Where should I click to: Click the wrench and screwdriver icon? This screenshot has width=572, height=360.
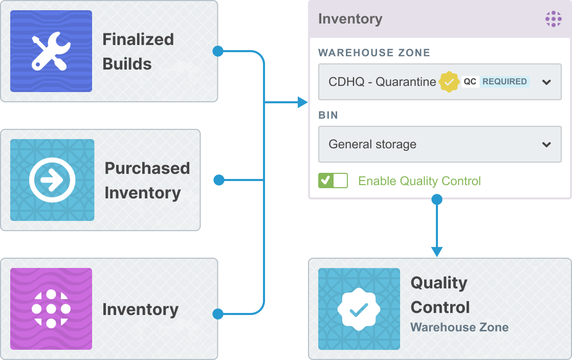pos(51,51)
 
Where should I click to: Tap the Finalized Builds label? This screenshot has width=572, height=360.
pos(138,52)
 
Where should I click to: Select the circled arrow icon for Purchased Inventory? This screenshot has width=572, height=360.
pos(52,180)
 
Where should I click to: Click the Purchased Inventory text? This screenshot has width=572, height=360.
pos(147,181)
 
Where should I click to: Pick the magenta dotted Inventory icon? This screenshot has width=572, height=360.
pos(51,309)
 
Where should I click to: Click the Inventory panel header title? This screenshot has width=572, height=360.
pos(350,18)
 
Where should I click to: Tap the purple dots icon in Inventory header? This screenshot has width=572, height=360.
pos(554,19)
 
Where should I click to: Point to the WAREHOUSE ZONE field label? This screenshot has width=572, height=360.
pos(375,53)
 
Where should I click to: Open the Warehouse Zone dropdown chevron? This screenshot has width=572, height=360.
pos(546,82)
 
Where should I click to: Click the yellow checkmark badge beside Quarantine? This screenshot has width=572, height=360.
pos(449,82)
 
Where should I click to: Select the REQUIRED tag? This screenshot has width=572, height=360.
pos(504,81)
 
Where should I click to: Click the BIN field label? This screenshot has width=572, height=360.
pos(328,115)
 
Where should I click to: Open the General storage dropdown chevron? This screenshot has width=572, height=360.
pos(546,144)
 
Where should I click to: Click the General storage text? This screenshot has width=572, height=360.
pos(372,144)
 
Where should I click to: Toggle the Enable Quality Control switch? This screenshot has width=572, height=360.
pos(333,181)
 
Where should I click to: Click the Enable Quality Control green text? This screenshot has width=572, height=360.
pos(420,181)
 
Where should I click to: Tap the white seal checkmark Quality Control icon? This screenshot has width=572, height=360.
pos(359,309)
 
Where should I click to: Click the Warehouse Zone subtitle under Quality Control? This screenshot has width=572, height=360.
pos(459,327)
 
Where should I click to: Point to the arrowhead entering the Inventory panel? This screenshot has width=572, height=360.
pos(303,102)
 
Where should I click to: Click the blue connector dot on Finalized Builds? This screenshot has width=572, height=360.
pos(218,51)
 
